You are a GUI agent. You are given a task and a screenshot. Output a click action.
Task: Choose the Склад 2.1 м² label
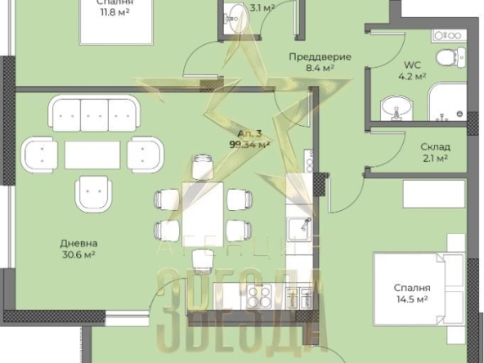(x=436, y=153)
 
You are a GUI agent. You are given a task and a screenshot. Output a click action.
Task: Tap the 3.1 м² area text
(x=262, y=7)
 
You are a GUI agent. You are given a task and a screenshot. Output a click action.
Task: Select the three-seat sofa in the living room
(x=94, y=114)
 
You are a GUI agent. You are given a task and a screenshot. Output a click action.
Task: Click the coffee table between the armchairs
(x=92, y=155)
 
